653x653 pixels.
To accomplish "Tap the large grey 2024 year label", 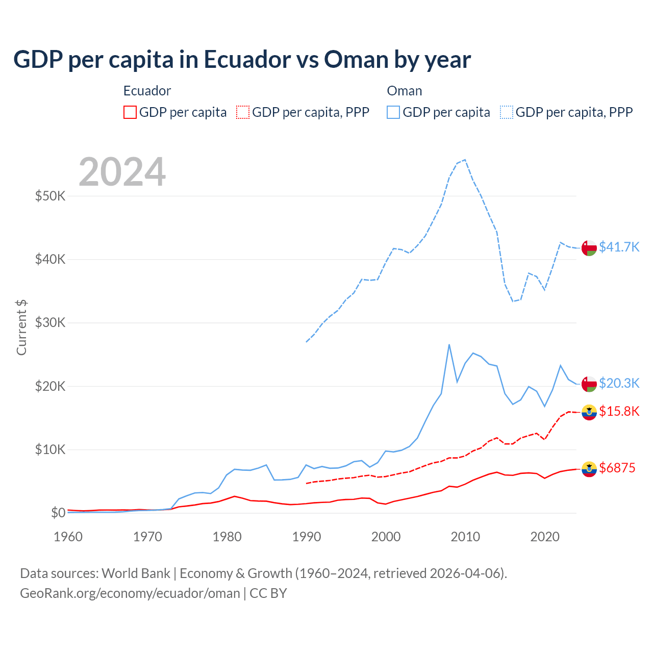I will pyautogui.click(x=122, y=172).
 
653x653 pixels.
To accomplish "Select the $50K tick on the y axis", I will pyautogui.click(x=50, y=196).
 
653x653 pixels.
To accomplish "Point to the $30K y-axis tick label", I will pyautogui.click(x=50, y=322).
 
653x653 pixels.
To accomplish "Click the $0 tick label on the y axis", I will pyautogui.click(x=58, y=513).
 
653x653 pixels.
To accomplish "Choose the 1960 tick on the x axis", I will pyautogui.click(x=68, y=537).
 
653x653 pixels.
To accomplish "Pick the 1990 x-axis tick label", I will pyautogui.click(x=306, y=537).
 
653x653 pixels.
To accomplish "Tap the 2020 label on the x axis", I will pyautogui.click(x=545, y=537).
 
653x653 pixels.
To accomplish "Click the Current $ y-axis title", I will pyautogui.click(x=21, y=328).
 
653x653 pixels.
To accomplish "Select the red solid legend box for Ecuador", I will pyautogui.click(x=130, y=112).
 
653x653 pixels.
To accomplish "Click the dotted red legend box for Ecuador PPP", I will pyautogui.click(x=243, y=112).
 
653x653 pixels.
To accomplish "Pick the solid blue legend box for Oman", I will pyautogui.click(x=393, y=112).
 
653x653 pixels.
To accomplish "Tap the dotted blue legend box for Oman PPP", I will pyautogui.click(x=507, y=112).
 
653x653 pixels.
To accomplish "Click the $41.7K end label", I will pyautogui.click(x=619, y=247).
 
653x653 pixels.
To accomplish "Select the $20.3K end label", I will pyautogui.click(x=619, y=383).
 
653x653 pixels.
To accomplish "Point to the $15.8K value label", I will pyautogui.click(x=619, y=412).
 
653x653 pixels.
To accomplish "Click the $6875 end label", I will pyautogui.click(x=617, y=468).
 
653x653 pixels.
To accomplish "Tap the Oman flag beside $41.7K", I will pyautogui.click(x=589, y=247).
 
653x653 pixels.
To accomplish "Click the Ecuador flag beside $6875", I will pyautogui.click(x=589, y=469).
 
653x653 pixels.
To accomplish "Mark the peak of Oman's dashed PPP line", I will pyautogui.click(x=465, y=160).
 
